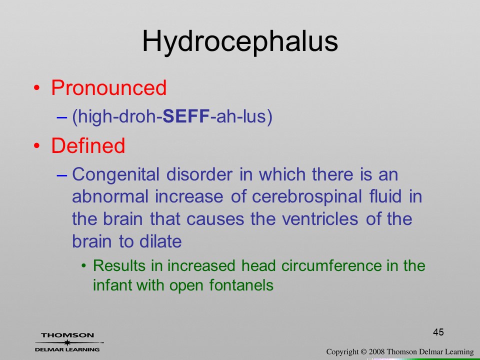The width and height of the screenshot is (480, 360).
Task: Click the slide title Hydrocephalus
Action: click(x=240, y=42)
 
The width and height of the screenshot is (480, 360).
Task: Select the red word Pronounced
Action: click(x=108, y=88)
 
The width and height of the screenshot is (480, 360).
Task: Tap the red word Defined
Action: click(x=88, y=145)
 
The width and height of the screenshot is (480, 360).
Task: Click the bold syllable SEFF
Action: click(x=186, y=116)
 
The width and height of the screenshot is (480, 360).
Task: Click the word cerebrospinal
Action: click(x=306, y=197)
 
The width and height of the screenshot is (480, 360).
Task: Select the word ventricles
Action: click(x=319, y=219)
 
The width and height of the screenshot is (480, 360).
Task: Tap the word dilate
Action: click(x=160, y=241)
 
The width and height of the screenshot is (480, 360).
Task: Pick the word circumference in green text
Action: click(x=331, y=265)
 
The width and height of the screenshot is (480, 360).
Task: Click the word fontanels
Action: click(x=241, y=285)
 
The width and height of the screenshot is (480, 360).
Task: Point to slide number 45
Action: click(x=438, y=332)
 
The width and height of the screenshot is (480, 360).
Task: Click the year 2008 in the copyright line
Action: click(x=376, y=351)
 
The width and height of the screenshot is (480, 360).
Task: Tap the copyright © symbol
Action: click(x=363, y=351)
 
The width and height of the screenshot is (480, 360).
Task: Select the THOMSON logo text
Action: click(x=67, y=335)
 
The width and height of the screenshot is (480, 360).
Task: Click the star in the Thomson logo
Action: click(x=67, y=342)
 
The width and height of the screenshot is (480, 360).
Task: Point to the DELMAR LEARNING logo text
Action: click(x=67, y=349)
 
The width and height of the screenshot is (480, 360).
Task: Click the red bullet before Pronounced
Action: click(x=36, y=88)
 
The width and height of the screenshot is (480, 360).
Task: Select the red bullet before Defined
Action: click(x=36, y=145)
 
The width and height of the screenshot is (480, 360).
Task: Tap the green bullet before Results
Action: click(x=84, y=265)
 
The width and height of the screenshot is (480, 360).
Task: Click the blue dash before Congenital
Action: click(x=62, y=175)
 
